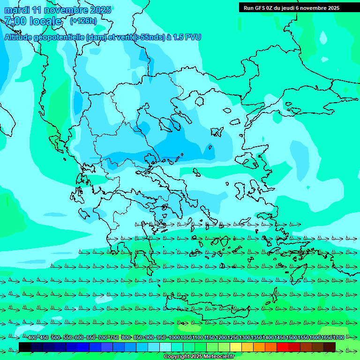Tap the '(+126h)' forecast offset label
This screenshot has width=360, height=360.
pos(83,21)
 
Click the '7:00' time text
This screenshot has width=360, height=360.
pos(15,21)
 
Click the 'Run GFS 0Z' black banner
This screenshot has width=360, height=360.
pos(299,7)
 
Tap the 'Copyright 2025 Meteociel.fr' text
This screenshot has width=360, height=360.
pos(199,356)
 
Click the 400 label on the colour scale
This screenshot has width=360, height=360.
pos(32,338)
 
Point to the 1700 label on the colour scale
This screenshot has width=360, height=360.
pos(338,338)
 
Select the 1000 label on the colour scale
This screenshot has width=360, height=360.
pos(174,338)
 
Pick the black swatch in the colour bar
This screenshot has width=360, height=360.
pos(25,347)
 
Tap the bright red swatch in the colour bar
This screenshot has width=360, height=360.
pos(283,347)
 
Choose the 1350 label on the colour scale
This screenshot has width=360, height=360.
pos(256,338)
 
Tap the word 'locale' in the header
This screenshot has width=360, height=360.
pos(45,21)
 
